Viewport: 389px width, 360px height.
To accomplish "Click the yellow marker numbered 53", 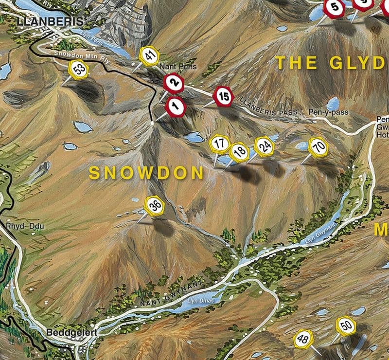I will (78, 70).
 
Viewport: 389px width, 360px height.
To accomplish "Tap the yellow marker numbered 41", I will (149, 56).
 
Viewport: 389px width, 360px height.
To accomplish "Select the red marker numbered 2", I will (174, 84).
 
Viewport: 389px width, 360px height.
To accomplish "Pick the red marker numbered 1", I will (176, 107).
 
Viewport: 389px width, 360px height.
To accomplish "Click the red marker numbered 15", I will (223, 96).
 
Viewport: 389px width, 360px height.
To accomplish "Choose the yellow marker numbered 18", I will (239, 152).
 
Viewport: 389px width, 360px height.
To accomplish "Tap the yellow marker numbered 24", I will (265, 146).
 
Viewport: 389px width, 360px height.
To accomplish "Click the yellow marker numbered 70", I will (318, 147).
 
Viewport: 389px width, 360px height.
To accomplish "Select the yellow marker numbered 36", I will (155, 205).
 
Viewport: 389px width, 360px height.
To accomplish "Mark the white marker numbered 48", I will (302, 339).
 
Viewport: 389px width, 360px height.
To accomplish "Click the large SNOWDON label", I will (146, 173).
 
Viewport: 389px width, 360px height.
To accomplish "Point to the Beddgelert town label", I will (72, 333).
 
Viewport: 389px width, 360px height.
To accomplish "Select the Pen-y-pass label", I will (329, 112).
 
